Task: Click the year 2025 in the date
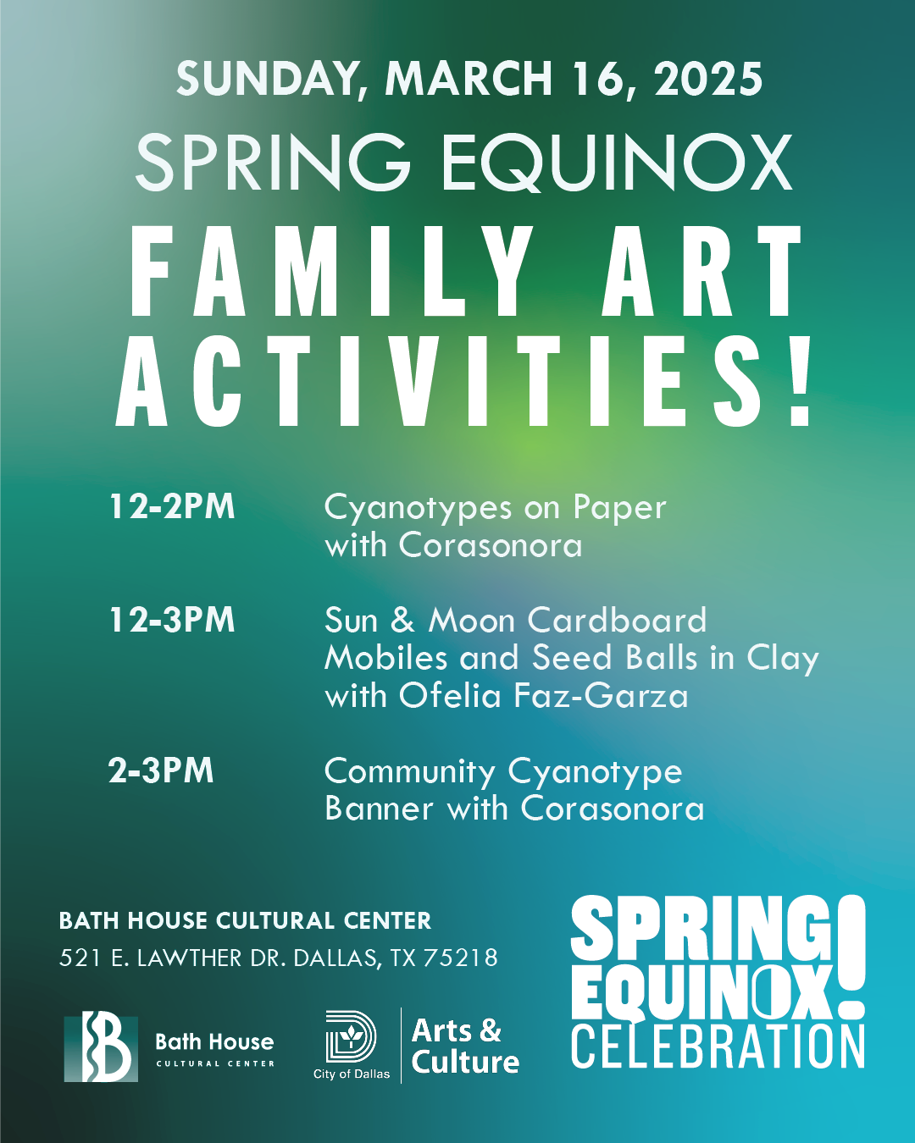tap(708, 80)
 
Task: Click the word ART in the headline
tap(702, 273)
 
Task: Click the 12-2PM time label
tap(172, 506)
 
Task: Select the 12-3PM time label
tap(172, 620)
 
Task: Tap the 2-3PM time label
tap(161, 770)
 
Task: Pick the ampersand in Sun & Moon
tap(402, 621)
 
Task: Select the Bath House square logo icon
tap(101, 1047)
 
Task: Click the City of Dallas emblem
tap(351, 1036)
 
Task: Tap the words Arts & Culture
tap(464, 1046)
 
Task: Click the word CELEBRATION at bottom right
tap(718, 1046)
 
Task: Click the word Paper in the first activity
tap(619, 507)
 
